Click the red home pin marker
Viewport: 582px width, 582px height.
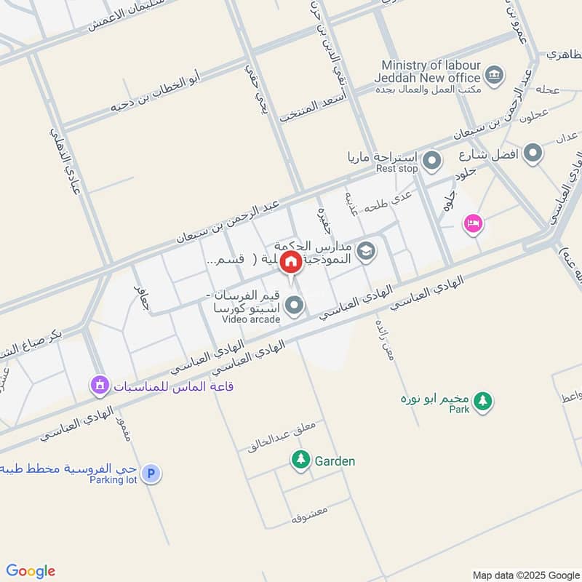click(291, 262)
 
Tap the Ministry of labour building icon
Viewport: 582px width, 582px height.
click(494, 74)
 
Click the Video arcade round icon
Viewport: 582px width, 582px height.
click(294, 306)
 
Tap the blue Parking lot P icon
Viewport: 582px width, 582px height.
click(151, 474)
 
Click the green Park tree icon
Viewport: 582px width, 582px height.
click(482, 400)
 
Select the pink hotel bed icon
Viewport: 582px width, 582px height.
click(473, 223)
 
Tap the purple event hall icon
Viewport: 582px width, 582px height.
click(100, 385)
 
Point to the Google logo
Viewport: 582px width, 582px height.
click(31, 571)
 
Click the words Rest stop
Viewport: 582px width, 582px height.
click(396, 169)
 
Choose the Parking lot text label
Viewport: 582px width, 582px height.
click(114, 480)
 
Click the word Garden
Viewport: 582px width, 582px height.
click(335, 461)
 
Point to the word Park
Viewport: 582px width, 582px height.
click(460, 410)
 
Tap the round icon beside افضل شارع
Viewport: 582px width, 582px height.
click(533, 153)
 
